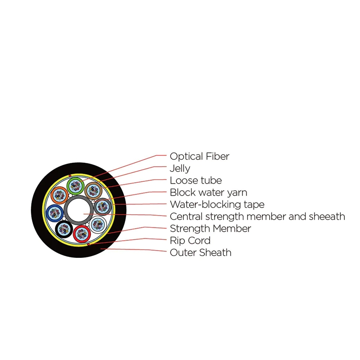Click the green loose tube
tap(76, 186)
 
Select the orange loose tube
tap(59, 195)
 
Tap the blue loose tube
tap(54, 213)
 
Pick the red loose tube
tap(82, 234)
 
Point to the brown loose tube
tap(93, 190)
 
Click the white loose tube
tap(98, 225)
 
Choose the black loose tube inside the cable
tap(64, 229)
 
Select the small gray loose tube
tap(103, 207)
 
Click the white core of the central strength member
tap(79, 210)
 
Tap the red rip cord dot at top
tap(70, 176)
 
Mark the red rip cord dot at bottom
tap(88, 244)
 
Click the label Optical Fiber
tap(199, 157)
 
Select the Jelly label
tap(180, 169)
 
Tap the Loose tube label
tap(196, 180)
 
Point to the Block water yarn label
tap(208, 193)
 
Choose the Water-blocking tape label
tap(217, 205)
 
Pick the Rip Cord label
tap(190, 241)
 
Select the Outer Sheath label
tap(201, 252)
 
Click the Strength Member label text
tap(210, 229)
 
